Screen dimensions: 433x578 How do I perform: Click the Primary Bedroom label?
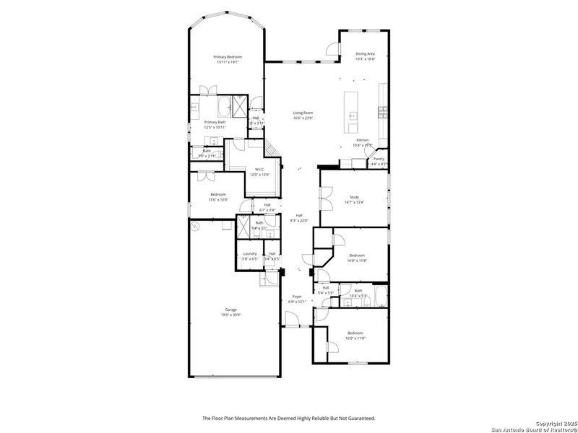pyautogui.click(x=227, y=57)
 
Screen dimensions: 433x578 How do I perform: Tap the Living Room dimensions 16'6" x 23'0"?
pyautogui.click(x=302, y=118)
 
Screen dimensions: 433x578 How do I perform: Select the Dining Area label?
pyautogui.click(x=365, y=53)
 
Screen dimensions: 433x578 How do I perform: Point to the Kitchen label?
pyautogui.click(x=362, y=140)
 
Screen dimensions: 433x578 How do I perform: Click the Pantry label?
pyautogui.click(x=379, y=159)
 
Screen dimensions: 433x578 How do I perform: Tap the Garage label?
pyautogui.click(x=230, y=310)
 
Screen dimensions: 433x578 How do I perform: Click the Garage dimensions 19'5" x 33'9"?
pyautogui.click(x=230, y=315)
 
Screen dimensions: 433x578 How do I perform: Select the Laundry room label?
pyautogui.click(x=250, y=253)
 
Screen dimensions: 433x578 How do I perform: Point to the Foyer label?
pyautogui.click(x=297, y=297)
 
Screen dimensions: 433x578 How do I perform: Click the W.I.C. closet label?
pyautogui.click(x=259, y=170)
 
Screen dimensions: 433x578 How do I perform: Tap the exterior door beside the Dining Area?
pyautogui.click(x=332, y=50)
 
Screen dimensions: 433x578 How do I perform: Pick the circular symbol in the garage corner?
pyautogui.click(x=194, y=227)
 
